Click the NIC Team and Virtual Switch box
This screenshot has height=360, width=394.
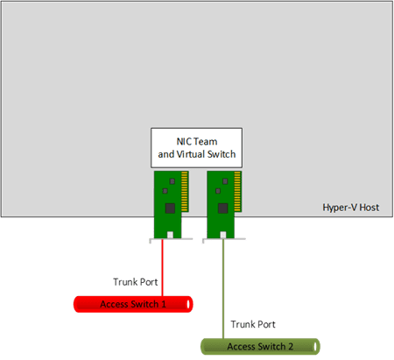[x=196, y=148]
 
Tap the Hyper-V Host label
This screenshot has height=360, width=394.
[x=351, y=208]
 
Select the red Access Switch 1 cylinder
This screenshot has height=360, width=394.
[x=133, y=304]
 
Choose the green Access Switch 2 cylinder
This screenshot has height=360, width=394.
[x=260, y=347]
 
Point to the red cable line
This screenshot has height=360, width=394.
[x=163, y=268]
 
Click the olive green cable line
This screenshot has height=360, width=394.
[x=223, y=289]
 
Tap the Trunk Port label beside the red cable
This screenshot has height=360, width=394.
[x=136, y=282]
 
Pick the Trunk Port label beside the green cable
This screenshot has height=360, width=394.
[x=253, y=324]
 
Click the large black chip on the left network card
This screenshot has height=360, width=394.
[x=170, y=208]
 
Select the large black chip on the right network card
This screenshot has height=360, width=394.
[x=222, y=208]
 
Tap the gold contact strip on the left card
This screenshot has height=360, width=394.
[x=185, y=191]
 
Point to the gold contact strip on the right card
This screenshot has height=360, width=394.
[x=237, y=191]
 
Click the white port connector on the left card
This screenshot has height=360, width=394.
[x=170, y=235]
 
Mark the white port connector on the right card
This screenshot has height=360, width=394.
[x=223, y=235]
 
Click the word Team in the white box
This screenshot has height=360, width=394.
[x=206, y=142]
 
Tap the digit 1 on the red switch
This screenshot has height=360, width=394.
[x=164, y=304]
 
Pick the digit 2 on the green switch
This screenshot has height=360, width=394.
[x=291, y=347]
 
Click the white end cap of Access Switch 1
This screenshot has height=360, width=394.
[x=188, y=304]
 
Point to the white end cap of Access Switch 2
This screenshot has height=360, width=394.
[x=315, y=347]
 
